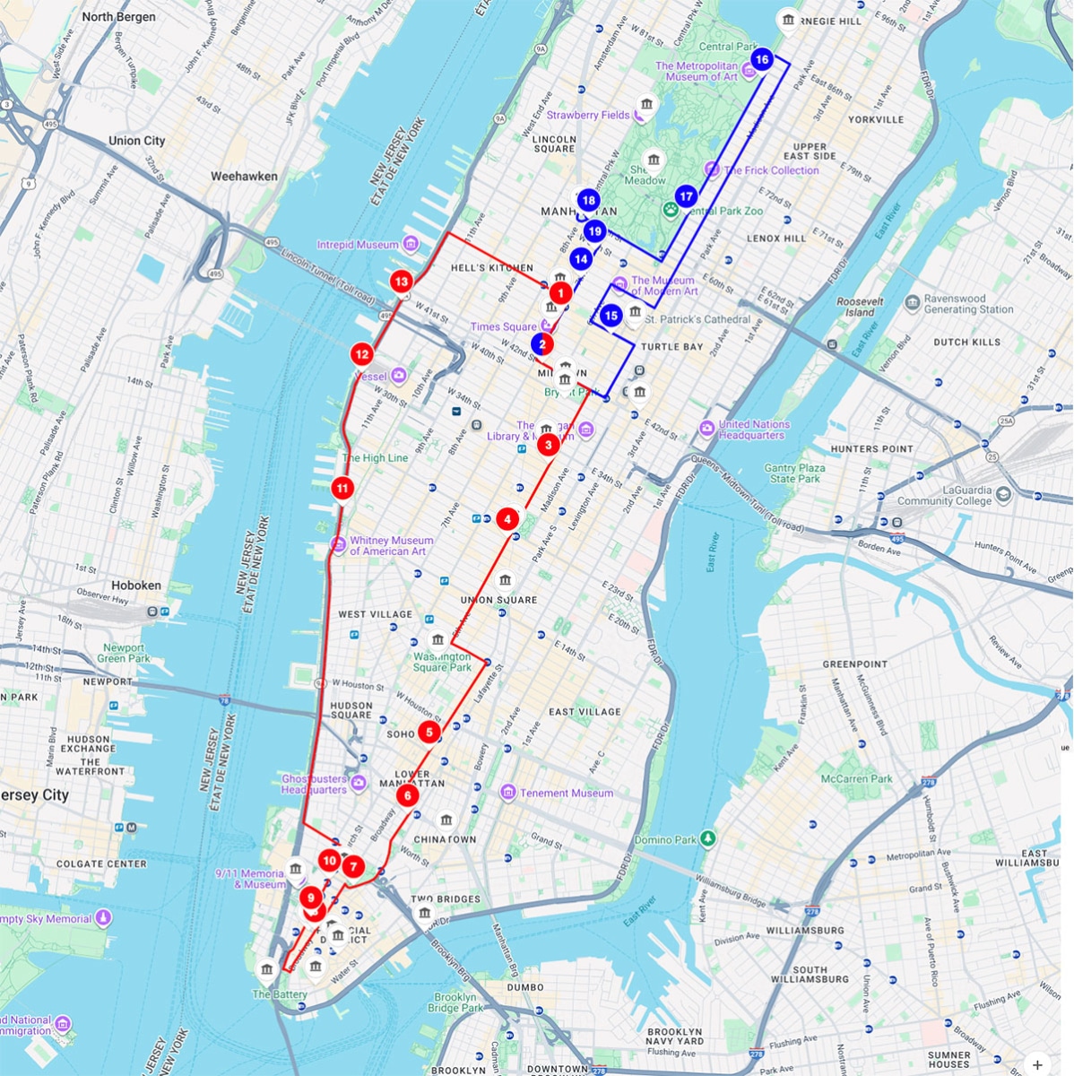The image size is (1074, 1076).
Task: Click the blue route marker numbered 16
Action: [x=761, y=60]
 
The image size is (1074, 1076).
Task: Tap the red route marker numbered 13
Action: [x=401, y=282]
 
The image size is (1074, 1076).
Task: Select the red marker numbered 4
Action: [x=507, y=518]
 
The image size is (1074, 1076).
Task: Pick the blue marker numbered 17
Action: [x=686, y=196]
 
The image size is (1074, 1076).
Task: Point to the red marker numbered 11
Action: [x=342, y=488]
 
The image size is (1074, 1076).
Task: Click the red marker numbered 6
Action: [x=407, y=795]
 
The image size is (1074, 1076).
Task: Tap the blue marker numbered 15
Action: [x=611, y=316]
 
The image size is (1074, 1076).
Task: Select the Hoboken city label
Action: [x=136, y=586]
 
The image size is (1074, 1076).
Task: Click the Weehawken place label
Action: [x=244, y=177]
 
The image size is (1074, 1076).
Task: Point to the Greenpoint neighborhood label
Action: [x=854, y=664]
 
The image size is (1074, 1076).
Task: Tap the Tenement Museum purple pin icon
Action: [x=508, y=793]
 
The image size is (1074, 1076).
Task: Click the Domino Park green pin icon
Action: [x=708, y=838]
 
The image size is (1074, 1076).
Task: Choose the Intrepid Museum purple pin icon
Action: [x=411, y=244]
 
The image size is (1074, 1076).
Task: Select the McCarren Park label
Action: [x=856, y=778]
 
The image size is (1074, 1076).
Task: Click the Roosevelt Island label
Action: [x=860, y=308]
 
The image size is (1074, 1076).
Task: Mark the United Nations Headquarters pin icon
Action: [x=706, y=428]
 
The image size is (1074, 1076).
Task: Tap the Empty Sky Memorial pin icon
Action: [x=104, y=917]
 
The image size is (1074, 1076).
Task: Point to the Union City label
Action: [x=136, y=141]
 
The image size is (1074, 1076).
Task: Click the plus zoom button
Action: [x=1037, y=1065]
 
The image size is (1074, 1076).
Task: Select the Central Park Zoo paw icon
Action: [x=671, y=209]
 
